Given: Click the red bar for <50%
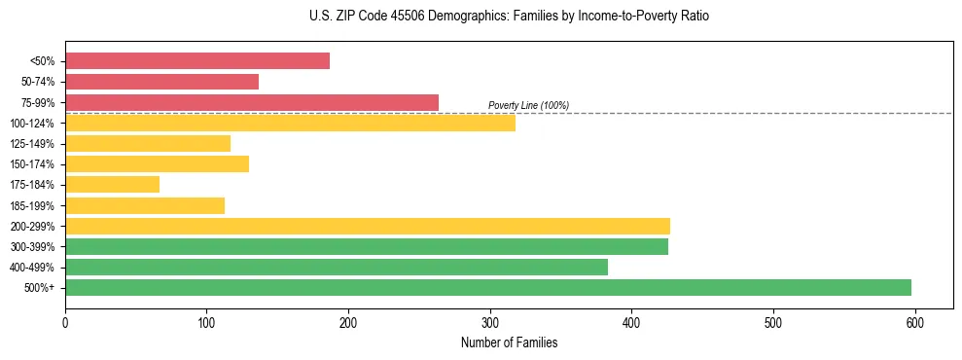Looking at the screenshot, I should tap(197, 61).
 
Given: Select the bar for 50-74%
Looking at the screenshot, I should tap(161, 82).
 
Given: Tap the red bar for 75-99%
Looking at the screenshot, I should tap(252, 102).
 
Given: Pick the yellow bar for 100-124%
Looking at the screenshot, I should tap(290, 123).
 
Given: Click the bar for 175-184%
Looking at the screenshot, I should tap(112, 185).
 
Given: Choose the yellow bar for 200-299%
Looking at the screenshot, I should tap(368, 226).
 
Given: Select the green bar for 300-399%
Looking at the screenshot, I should tap(367, 246).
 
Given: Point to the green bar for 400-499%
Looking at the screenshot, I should tap(337, 267).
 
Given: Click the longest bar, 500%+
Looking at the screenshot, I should tap(488, 287).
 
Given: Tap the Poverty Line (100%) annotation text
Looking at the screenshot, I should tap(528, 105).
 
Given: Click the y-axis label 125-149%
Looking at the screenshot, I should tap(32, 144).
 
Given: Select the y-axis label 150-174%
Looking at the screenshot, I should tap(32, 164).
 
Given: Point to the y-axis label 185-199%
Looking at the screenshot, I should tap(32, 205).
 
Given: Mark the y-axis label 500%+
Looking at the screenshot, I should tap(39, 288).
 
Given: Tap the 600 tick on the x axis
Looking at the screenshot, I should tap(914, 322).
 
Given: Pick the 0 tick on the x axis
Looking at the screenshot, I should tap(65, 322).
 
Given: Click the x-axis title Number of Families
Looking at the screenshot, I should tap(509, 342).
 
